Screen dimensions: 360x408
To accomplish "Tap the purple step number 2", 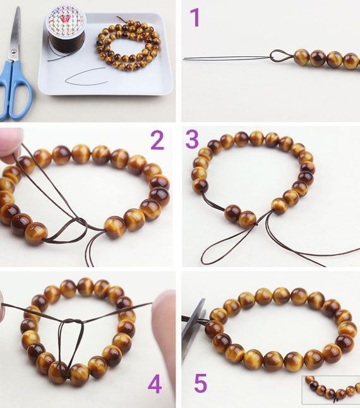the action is [158, 140].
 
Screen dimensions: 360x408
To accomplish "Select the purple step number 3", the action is [192, 139].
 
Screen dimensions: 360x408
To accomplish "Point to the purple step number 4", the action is [155, 385].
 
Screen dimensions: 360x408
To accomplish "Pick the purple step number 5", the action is [201, 383].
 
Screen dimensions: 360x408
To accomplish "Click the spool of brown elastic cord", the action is [66, 30].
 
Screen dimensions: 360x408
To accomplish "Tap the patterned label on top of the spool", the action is [66, 20].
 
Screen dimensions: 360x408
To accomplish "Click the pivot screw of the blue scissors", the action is [14, 52].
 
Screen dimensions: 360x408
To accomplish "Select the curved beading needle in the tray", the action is [86, 76].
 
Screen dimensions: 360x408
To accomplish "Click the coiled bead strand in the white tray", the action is [128, 44].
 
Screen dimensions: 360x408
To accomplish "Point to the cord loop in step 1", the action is [282, 56].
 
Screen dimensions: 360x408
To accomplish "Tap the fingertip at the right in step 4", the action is [164, 325].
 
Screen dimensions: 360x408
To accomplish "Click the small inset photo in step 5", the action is [330, 390].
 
